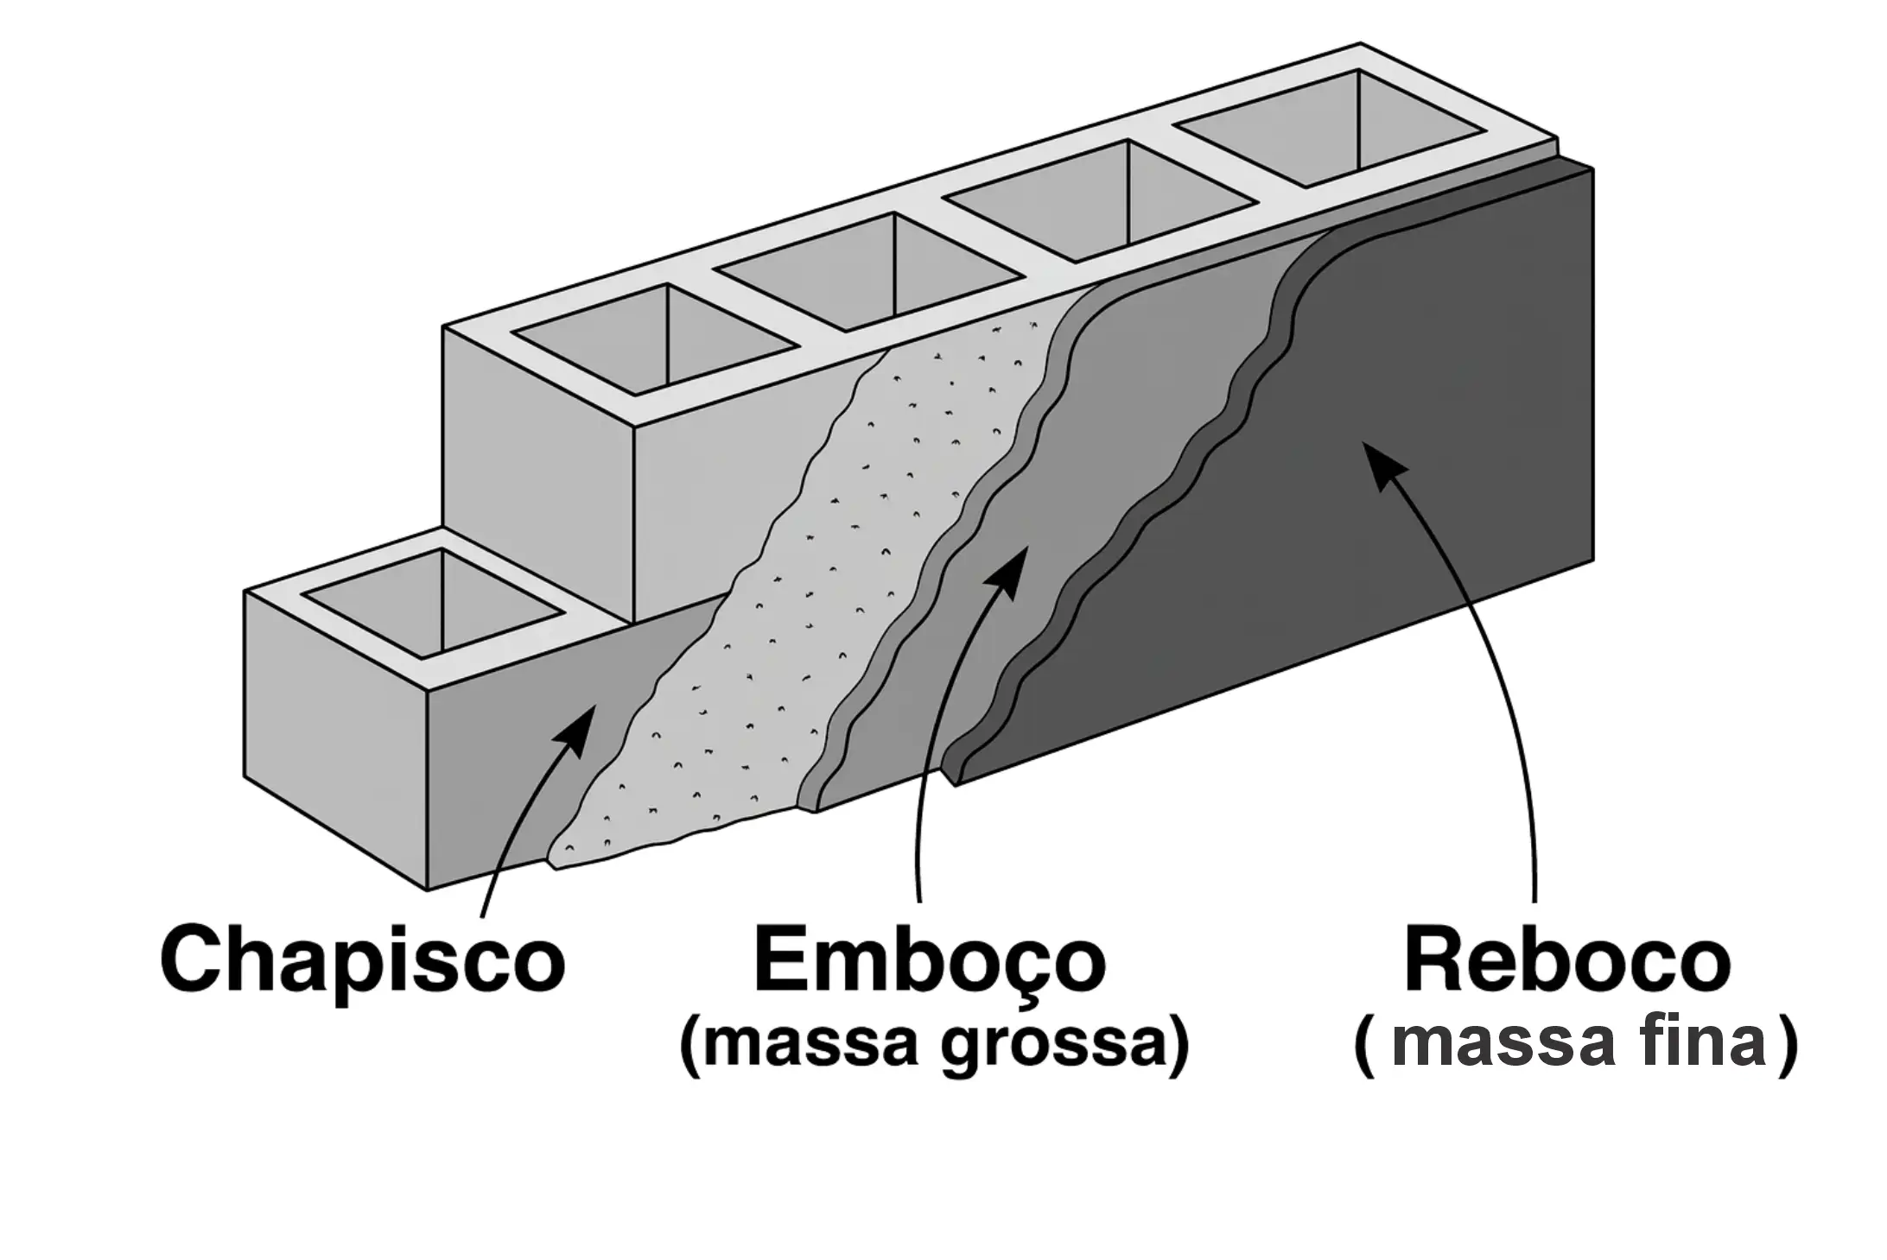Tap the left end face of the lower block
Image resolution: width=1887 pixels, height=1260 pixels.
(337, 734)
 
